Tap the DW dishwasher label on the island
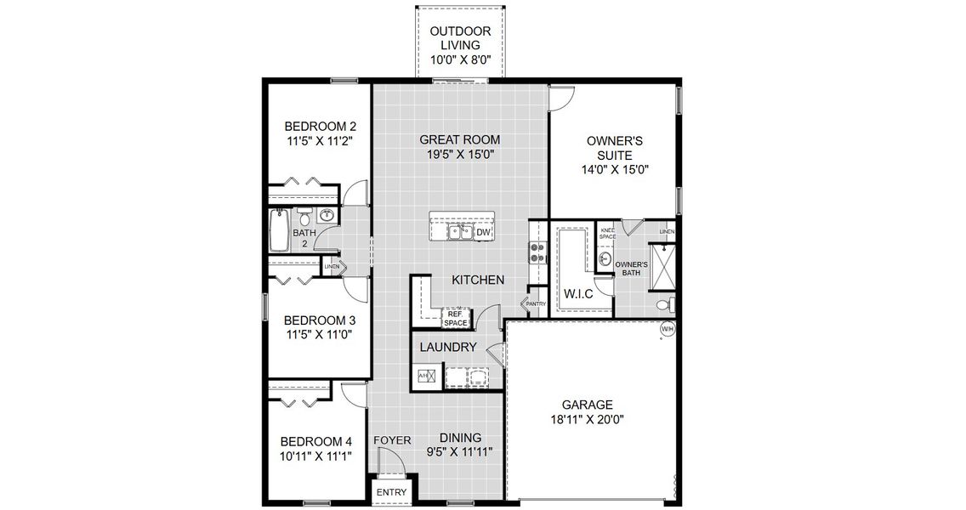(x=483, y=232)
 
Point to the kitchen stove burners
(x=537, y=252)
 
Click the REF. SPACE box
(x=456, y=318)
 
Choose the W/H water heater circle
(x=667, y=329)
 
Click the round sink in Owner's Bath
(x=605, y=258)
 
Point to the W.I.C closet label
(x=578, y=295)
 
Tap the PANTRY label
(x=535, y=303)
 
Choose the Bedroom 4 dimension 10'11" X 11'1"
(x=317, y=456)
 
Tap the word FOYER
(x=392, y=440)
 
